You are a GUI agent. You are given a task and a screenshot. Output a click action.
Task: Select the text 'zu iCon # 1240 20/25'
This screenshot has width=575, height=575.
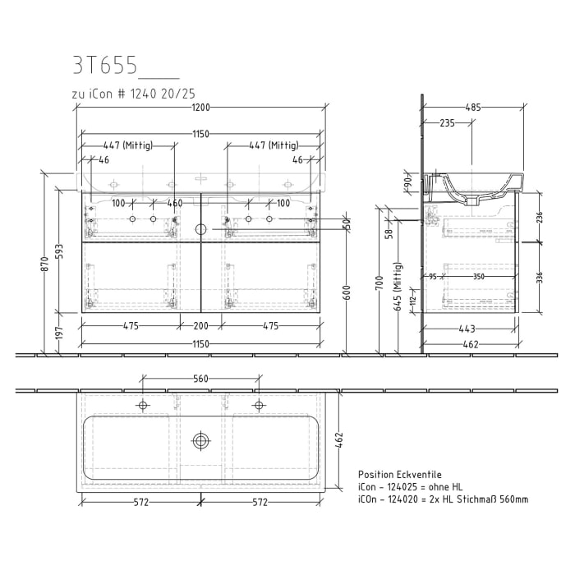pos(133,94)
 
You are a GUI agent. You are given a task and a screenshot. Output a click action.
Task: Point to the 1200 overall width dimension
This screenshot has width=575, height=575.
pos(201,107)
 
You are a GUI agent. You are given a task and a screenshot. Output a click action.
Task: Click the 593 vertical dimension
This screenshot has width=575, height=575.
pos(59,251)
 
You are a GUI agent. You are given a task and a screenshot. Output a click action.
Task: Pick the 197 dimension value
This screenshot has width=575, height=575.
pos(59,333)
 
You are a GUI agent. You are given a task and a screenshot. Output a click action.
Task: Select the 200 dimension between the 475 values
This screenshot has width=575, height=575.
pos(201,326)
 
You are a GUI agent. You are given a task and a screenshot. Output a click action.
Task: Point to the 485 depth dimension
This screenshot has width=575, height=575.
pos(472,107)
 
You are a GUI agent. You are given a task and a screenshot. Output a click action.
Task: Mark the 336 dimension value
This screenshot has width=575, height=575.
pos(539,278)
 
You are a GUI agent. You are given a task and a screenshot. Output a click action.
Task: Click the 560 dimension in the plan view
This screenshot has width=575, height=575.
pos(200,379)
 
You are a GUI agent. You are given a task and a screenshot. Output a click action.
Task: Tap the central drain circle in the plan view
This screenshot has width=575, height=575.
pos(200,440)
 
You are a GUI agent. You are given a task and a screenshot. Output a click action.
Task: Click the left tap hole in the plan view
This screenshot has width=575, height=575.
pos(143,405)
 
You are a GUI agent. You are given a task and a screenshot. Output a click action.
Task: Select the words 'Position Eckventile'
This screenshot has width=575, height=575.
pos(400,475)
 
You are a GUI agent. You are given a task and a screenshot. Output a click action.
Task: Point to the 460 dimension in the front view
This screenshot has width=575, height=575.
pos(174,203)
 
